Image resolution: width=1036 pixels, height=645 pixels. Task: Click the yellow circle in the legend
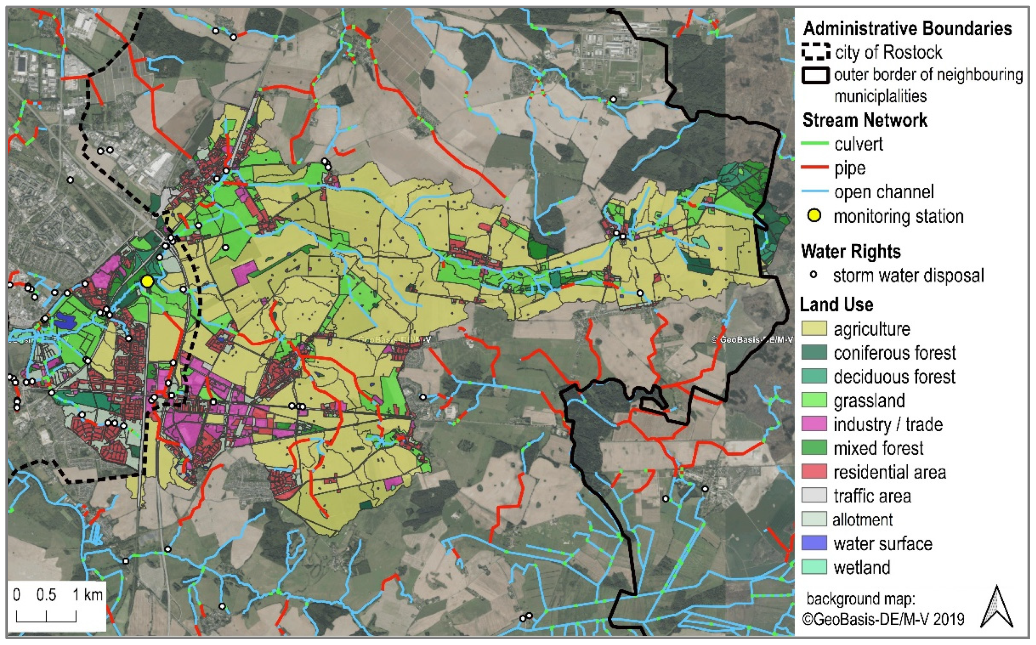point(814,216)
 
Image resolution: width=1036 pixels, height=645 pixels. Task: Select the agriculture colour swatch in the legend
point(814,329)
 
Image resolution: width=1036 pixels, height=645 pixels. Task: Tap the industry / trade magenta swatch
point(814,425)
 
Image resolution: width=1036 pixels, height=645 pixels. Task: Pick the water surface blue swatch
point(814,544)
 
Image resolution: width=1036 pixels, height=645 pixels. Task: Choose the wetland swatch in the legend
point(814,567)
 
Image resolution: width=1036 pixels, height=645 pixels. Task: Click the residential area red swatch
point(814,472)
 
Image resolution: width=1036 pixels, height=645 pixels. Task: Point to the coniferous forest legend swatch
point(814,353)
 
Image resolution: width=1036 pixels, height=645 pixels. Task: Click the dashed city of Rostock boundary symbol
point(815,52)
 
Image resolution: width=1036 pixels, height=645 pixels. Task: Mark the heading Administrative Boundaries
point(907,28)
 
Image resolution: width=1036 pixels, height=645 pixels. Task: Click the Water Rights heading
point(851,251)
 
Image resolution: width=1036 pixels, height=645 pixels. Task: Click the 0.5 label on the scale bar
point(46,595)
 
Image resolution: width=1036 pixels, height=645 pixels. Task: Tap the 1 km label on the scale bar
point(87,595)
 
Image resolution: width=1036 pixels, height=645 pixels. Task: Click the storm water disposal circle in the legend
point(814,275)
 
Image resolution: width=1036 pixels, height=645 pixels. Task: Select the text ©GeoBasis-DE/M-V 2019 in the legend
point(883,619)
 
